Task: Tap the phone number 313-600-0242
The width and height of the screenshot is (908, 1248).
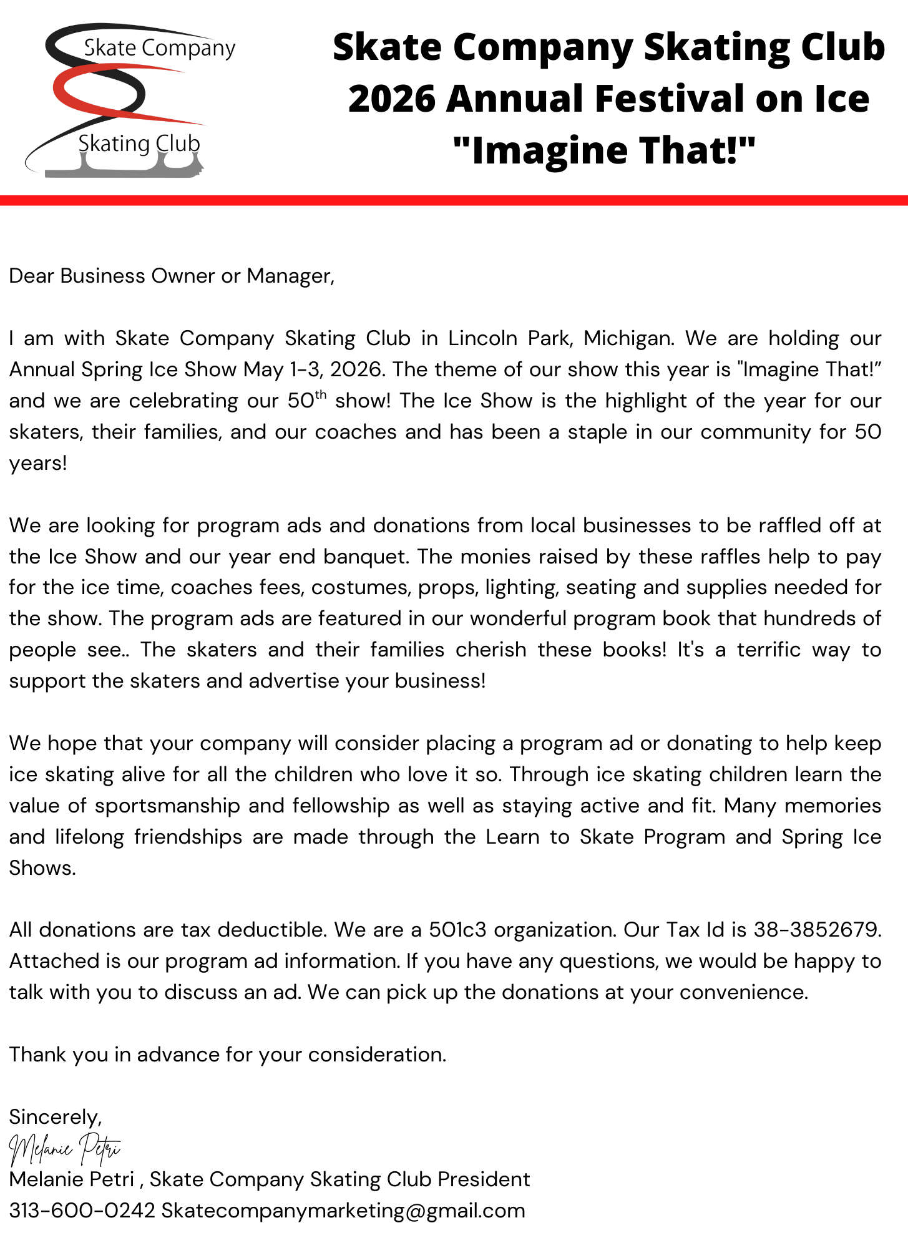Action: tap(82, 1211)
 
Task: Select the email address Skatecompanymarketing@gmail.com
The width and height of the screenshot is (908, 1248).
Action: tap(343, 1211)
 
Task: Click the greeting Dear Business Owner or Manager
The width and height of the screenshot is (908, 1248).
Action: tap(172, 276)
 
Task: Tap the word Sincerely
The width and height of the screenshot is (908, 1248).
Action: tap(55, 1116)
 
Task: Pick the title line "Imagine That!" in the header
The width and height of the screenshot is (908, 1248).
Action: tap(604, 150)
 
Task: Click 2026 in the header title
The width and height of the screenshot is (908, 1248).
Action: tap(392, 99)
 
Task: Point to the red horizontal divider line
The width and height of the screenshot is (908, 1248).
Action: tap(454, 200)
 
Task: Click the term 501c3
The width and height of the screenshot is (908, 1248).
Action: tap(457, 930)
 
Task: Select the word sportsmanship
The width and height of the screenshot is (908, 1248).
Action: tap(167, 806)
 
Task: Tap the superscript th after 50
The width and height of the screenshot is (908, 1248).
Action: tap(320, 394)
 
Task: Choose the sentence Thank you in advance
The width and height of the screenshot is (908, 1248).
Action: tap(228, 1055)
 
